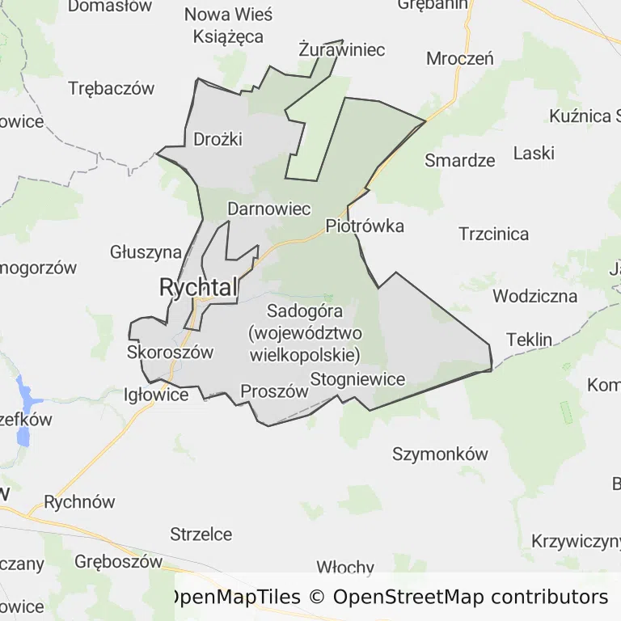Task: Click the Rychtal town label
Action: [199, 287]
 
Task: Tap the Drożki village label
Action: [218, 139]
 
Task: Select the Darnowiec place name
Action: [269, 209]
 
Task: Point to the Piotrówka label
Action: [365, 226]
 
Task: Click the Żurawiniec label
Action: [341, 50]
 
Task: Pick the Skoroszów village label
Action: [170, 352]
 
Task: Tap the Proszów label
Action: [275, 391]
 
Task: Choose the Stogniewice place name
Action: [357, 378]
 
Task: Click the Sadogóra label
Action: [305, 310]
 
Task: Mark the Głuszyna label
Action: [146, 252]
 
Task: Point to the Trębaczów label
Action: [112, 89]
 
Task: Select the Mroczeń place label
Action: [460, 58]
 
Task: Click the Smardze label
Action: [460, 159]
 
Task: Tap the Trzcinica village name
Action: [494, 234]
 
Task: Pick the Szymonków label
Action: [440, 454]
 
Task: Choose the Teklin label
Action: [529, 339]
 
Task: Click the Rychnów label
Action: [80, 502]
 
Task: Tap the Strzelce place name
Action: [201, 534]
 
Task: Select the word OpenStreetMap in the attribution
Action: [408, 598]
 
